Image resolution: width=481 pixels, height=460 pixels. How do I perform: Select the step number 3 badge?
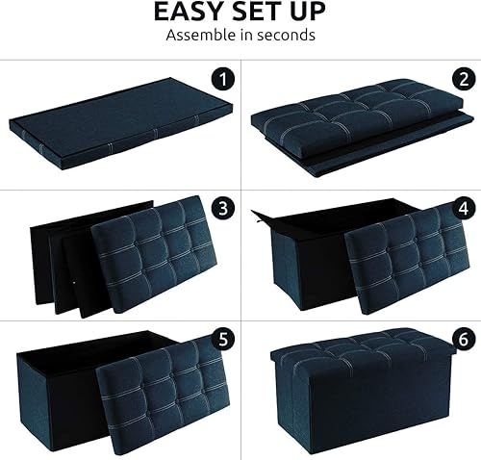[222, 206]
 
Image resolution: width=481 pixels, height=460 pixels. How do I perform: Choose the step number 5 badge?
[222, 338]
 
